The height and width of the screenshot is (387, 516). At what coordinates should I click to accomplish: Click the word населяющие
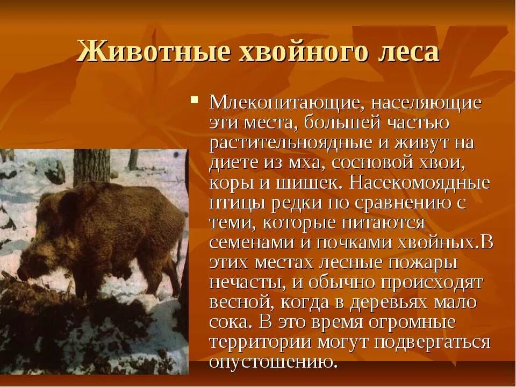pyautogui.click(x=419, y=102)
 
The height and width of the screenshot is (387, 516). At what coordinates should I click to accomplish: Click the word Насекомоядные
pyautogui.click(x=420, y=182)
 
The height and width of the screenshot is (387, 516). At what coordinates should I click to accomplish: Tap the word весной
pyautogui.click(x=239, y=302)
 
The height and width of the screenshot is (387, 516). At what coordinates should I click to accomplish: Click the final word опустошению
pyautogui.click(x=274, y=361)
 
